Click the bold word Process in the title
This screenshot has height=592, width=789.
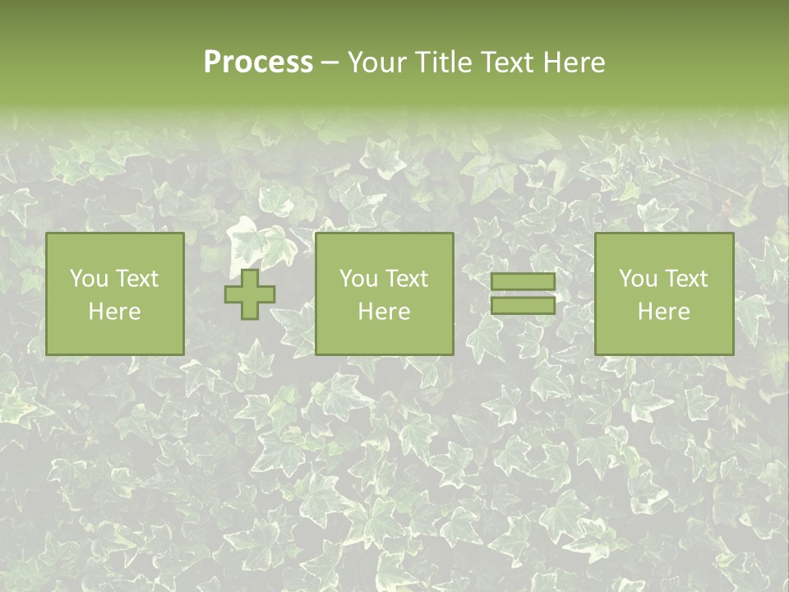pos(258,62)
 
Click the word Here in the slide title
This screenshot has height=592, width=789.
pos(573,62)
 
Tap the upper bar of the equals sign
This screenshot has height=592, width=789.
pos(523,282)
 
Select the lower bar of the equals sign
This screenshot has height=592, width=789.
pos(523,305)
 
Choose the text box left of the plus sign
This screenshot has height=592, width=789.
pos(115,294)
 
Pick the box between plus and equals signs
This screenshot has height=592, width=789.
pos(385,294)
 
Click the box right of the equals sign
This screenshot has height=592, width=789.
pos(664,294)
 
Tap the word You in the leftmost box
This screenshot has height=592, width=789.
pos(88,279)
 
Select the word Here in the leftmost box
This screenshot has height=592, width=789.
pos(115,312)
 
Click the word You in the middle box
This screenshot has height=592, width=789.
pos(358,279)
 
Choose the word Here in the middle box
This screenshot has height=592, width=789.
pos(385,312)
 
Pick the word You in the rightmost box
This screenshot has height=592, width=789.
pos(637,279)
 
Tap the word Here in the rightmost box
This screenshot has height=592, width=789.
pos(664,312)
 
